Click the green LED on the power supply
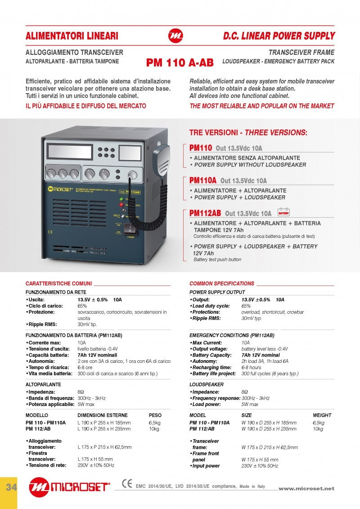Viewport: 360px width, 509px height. click(121, 198)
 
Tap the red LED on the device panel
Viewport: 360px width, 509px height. click(121, 205)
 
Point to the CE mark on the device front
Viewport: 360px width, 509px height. click(50, 232)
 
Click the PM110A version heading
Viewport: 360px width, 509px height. click(203, 180)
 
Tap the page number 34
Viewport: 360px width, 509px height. click(9, 487)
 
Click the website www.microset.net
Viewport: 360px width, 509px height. click(306, 488)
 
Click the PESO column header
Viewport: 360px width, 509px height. click(155, 415)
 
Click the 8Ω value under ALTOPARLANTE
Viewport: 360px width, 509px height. click(81, 392)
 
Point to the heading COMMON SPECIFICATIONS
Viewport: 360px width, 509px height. click(222, 284)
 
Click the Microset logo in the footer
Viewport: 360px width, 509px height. click(69, 487)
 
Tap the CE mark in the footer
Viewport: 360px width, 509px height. click(127, 483)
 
